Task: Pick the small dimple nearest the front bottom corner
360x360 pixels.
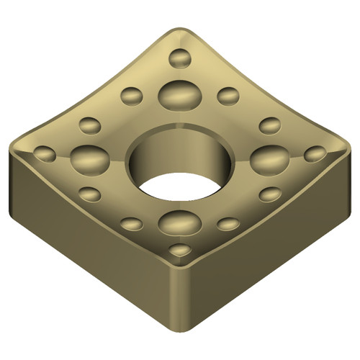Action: coord(180,250)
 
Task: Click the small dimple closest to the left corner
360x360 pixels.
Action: coord(45,153)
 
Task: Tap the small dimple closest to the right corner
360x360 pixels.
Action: coord(315,153)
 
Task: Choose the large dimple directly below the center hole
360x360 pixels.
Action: coord(179,221)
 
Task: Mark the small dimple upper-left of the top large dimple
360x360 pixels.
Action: coord(132,95)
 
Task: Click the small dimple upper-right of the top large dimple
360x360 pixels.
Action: coord(228,95)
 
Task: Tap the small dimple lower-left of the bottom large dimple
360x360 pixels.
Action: coord(131,223)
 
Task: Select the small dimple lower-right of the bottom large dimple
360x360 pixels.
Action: coord(228,224)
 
